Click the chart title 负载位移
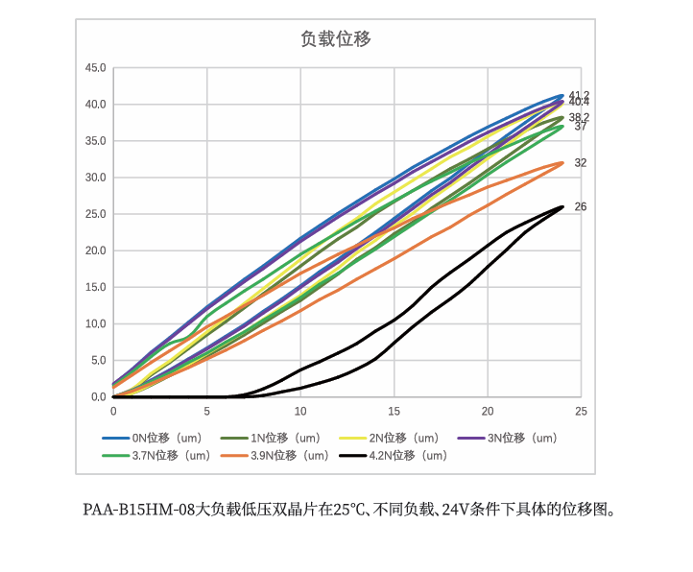click(336, 38)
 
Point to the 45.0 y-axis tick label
click(95, 68)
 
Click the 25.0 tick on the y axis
click(95, 214)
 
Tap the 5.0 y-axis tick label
click(98, 361)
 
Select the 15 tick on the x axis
click(394, 411)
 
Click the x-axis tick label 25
click(580, 411)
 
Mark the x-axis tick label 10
click(300, 411)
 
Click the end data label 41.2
click(579, 95)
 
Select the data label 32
click(580, 163)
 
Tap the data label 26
click(580, 206)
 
